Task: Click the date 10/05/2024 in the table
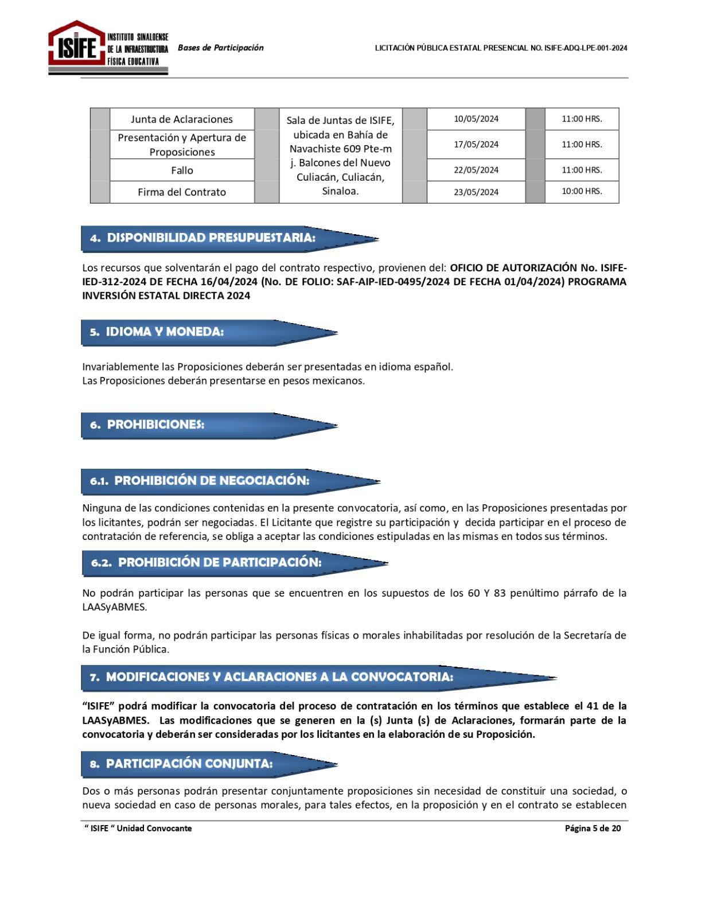(x=476, y=119)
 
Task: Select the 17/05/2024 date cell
(x=476, y=145)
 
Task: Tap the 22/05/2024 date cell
(x=476, y=170)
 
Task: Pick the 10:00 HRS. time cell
(x=582, y=192)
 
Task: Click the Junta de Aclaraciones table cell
(x=182, y=119)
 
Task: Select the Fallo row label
(x=182, y=170)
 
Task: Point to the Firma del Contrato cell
(x=182, y=192)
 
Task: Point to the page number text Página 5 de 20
(x=593, y=828)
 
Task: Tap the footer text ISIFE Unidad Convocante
(x=138, y=828)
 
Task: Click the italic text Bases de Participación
(x=221, y=48)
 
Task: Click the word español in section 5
(x=432, y=367)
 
